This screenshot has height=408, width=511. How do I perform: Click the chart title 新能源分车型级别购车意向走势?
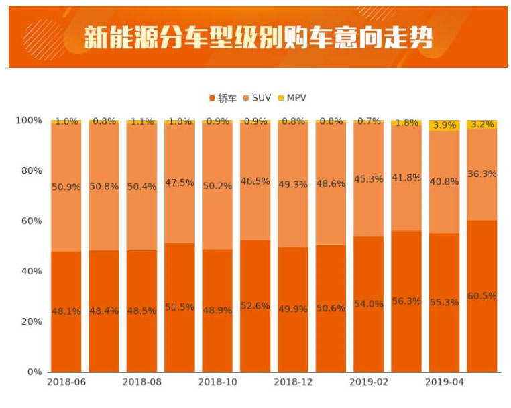[258, 38]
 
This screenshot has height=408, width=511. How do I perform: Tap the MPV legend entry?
[292, 98]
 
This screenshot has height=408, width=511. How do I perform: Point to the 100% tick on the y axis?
[29, 121]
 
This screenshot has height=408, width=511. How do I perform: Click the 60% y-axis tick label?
[31, 221]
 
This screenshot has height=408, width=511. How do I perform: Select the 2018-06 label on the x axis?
[66, 382]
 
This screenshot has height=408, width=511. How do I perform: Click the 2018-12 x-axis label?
[292, 382]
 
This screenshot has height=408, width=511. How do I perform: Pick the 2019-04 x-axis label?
[444, 382]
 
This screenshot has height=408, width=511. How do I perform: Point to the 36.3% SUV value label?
[482, 174]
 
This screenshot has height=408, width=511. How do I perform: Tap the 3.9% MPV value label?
[445, 125]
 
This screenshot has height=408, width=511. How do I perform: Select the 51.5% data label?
[180, 307]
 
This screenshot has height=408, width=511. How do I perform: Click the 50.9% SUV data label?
[66, 187]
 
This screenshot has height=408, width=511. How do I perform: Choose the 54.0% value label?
[369, 304]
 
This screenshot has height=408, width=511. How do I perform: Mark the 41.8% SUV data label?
[406, 178]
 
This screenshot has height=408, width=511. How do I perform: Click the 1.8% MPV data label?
[406, 123]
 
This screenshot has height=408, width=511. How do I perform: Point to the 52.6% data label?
[255, 306]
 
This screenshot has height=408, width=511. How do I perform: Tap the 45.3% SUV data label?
[369, 179]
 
